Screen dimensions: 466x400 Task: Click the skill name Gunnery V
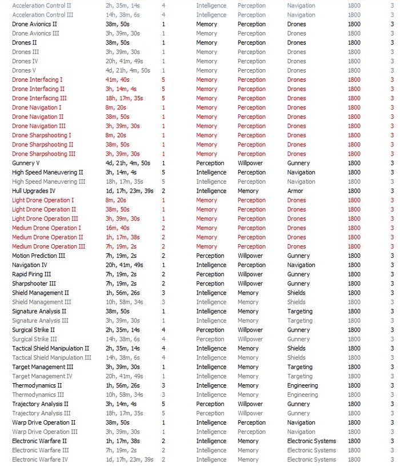point(26,163)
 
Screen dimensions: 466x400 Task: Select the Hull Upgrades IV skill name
point(34,191)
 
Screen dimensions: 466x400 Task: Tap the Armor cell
point(295,191)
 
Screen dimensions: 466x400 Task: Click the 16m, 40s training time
point(117,228)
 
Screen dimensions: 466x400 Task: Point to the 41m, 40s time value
point(117,79)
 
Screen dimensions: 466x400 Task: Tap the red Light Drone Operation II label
point(45,209)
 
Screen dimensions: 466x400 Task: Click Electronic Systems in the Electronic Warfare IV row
point(311,460)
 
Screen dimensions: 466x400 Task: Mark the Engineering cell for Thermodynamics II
point(302,385)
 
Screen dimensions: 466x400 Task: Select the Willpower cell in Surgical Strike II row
point(250,330)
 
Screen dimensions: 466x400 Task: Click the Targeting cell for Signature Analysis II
point(300,312)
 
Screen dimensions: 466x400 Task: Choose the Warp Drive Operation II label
point(44,423)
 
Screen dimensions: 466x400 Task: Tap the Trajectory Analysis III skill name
point(41,413)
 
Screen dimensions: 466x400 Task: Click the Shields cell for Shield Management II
point(296,293)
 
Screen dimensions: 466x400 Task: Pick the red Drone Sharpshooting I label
point(42,136)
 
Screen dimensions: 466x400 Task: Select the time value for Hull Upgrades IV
point(130,191)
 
